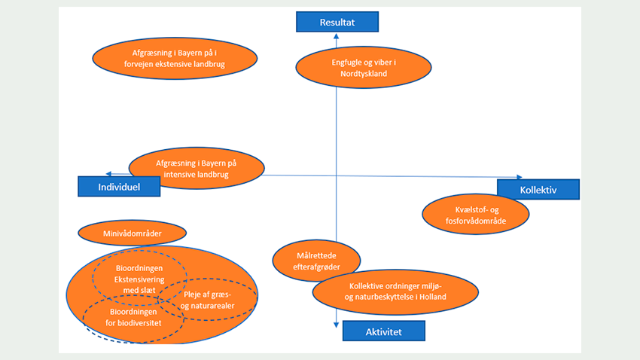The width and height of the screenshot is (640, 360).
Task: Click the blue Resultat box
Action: [337, 22]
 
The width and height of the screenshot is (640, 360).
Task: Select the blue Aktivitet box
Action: [383, 331]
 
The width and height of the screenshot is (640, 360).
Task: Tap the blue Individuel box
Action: [119, 186]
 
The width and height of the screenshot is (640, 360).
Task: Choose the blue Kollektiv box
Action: [538, 190]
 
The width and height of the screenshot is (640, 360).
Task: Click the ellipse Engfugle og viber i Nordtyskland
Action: [364, 68]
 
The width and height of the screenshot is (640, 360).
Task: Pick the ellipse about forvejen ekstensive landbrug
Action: [175, 59]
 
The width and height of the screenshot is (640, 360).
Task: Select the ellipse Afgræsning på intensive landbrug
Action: [197, 168]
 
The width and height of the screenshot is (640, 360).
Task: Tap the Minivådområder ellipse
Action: [133, 233]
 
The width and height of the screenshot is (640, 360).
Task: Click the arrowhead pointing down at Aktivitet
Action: [337, 324]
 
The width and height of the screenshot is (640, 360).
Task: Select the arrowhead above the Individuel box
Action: [110, 174]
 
